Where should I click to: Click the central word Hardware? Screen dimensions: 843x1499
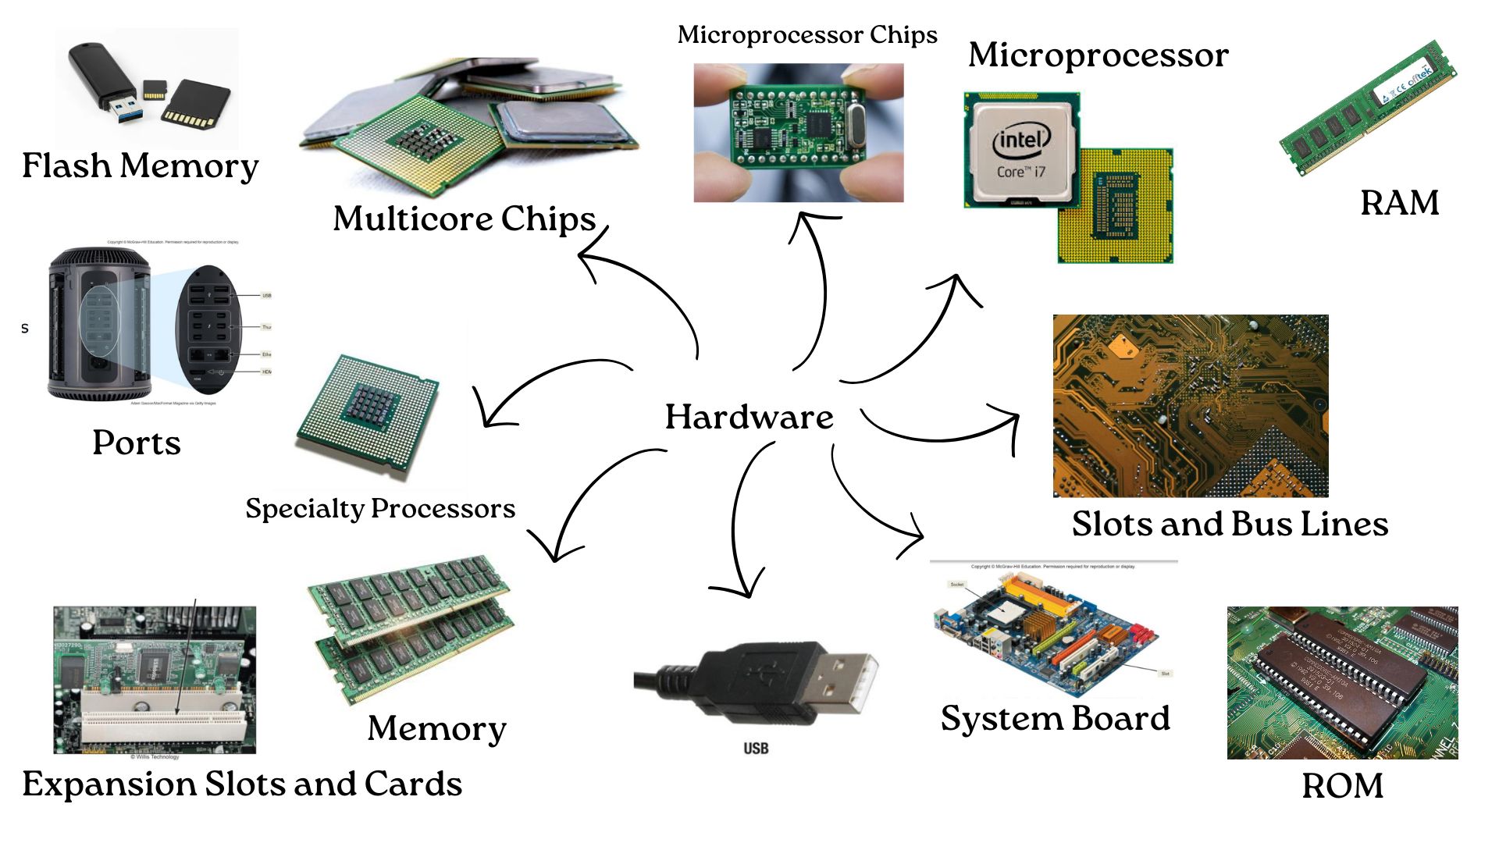click(749, 417)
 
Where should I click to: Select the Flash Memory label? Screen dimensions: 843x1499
click(140, 165)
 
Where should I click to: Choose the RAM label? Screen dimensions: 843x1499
click(1399, 203)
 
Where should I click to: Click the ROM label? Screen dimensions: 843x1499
click(1342, 785)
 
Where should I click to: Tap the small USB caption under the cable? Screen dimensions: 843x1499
click(755, 749)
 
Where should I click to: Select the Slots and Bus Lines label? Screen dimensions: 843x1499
click(1230, 524)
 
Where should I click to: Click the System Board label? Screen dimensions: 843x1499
click(1055, 718)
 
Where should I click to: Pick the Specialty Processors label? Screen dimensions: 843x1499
click(380, 509)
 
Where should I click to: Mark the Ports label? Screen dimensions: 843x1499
click(137, 443)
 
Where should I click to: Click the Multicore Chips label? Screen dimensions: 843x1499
click(465, 219)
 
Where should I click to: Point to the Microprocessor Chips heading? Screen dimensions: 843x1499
click(807, 35)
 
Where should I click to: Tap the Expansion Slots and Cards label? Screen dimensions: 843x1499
click(242, 784)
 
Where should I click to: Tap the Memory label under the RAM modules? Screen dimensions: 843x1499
click(436, 728)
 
